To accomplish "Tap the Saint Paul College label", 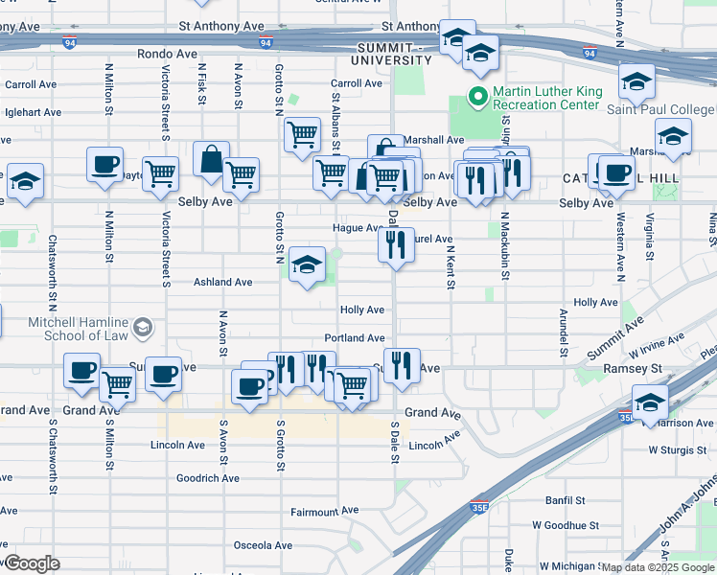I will click(x=660, y=109).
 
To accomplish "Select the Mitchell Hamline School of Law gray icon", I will click(x=142, y=329).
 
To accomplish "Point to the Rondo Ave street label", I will click(x=167, y=55).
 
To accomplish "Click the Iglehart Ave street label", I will click(x=33, y=112).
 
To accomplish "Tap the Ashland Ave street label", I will click(x=223, y=283).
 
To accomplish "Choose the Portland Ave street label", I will click(x=354, y=338).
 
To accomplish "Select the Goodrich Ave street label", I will click(x=208, y=478).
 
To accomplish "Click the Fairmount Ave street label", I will click(x=324, y=513).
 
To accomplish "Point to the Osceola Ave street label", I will click(x=262, y=545).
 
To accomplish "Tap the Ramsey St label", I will click(x=633, y=368).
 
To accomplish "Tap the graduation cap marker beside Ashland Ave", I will click(x=306, y=265).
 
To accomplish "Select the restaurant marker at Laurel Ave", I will click(x=395, y=245).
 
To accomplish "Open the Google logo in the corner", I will click(x=32, y=563).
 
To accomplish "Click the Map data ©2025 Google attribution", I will click(x=658, y=567).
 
